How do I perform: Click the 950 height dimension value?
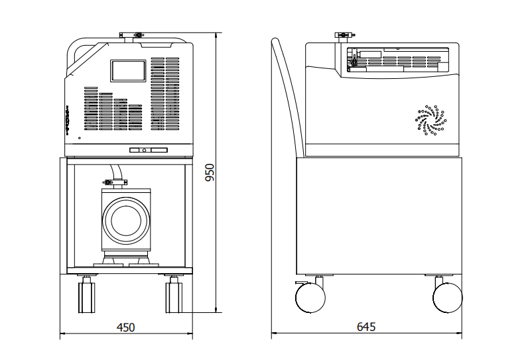click(x=210, y=172)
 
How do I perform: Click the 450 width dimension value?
click(x=125, y=327)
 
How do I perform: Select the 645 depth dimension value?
click(x=366, y=327)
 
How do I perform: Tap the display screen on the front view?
click(x=128, y=70)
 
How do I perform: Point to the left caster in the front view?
click(x=86, y=294)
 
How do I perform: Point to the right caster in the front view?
click(x=174, y=294)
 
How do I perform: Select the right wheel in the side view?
click(x=448, y=298)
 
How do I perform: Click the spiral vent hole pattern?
click(x=432, y=119)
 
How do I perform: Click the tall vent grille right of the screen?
click(x=165, y=93)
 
